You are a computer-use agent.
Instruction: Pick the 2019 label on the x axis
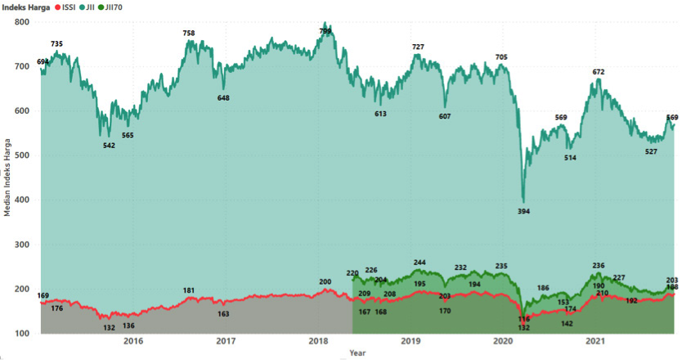point(411,341)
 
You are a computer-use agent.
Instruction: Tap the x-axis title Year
point(357,353)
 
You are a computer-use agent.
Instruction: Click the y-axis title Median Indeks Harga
point(7,177)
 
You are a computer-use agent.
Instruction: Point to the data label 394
point(524,212)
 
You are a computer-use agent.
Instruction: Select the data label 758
point(189,34)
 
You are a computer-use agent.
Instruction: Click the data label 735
point(56,43)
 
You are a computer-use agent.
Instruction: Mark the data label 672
point(599,72)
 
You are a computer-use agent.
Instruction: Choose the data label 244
point(420,263)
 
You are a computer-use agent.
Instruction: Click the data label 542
point(109,146)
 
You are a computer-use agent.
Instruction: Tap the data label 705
point(501,57)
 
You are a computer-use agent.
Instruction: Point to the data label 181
point(189,290)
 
